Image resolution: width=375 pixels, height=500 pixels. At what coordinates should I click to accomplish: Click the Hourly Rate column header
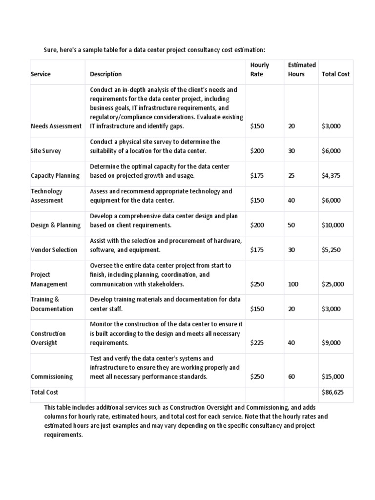click(259, 69)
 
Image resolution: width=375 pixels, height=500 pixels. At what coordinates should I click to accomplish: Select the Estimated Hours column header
click(301, 69)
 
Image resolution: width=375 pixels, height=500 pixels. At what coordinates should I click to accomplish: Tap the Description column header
click(106, 74)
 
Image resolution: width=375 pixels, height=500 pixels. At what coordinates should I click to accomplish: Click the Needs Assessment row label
click(56, 126)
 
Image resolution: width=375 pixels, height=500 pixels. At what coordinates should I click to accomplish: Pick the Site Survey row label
click(46, 151)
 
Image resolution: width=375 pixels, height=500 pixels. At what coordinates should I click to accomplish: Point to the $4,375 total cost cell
click(332, 176)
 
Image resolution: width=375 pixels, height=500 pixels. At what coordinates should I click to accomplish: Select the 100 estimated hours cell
click(293, 284)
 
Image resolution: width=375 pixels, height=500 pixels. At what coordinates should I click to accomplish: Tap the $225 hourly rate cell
click(257, 343)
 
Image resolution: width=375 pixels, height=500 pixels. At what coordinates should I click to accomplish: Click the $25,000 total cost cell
click(333, 284)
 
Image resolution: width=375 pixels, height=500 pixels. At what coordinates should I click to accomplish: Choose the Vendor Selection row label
click(54, 250)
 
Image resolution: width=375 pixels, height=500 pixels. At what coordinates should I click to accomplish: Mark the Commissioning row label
click(52, 377)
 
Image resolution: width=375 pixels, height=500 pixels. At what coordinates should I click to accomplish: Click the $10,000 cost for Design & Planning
click(333, 225)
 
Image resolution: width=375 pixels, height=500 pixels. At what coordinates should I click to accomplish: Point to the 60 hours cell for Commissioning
click(292, 377)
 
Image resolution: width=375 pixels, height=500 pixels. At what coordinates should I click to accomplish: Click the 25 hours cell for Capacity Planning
click(292, 176)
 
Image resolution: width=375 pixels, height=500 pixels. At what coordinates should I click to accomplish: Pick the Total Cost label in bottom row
click(44, 392)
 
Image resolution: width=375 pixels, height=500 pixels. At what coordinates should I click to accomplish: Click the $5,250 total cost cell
click(332, 250)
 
